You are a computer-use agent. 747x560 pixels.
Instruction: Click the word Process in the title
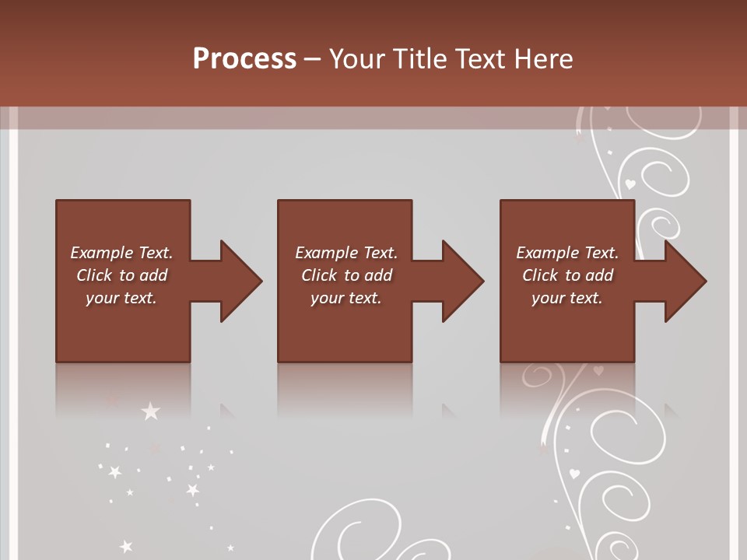click(244, 59)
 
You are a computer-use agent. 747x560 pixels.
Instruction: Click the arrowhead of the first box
click(240, 281)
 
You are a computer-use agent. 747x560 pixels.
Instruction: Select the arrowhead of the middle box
click(462, 281)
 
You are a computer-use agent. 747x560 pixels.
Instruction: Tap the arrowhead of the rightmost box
click(685, 281)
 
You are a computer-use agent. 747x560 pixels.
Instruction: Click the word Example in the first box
click(102, 253)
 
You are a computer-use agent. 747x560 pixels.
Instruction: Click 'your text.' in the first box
click(121, 298)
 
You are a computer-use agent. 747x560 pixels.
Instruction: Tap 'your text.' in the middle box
click(346, 298)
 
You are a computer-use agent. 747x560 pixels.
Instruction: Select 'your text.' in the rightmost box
click(567, 298)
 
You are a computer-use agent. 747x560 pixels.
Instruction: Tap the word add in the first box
click(153, 275)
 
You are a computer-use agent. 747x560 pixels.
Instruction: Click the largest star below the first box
click(149, 411)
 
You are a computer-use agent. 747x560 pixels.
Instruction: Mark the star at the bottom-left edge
click(126, 547)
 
